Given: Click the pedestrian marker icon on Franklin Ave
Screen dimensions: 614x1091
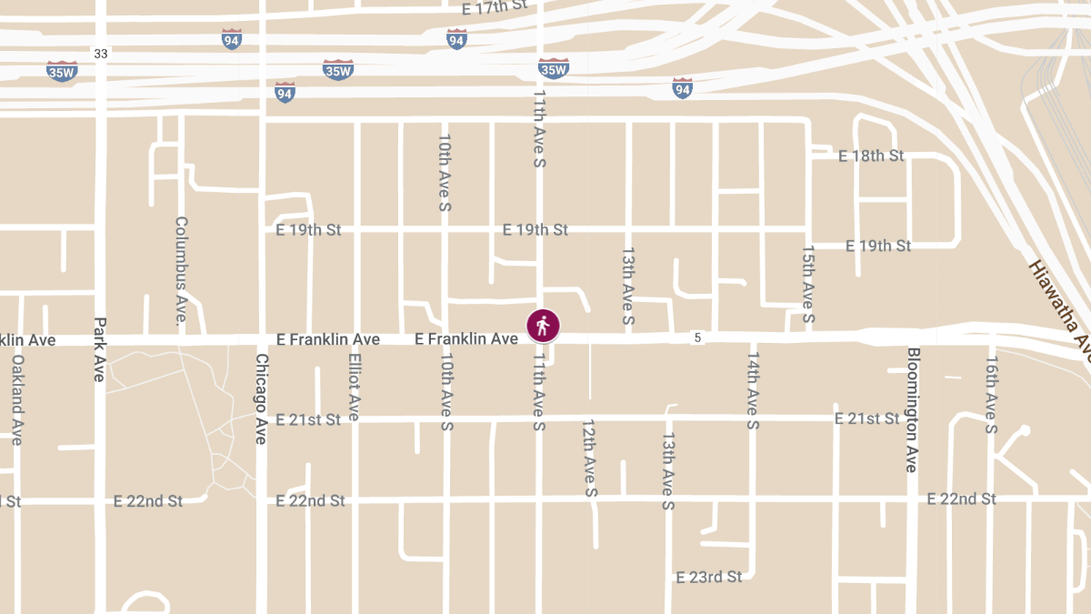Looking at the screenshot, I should [x=543, y=325].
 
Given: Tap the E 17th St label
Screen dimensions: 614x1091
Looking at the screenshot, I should [x=495, y=8].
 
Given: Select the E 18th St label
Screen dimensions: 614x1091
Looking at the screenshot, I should [x=871, y=156].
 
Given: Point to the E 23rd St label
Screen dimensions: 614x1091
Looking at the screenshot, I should [x=709, y=577].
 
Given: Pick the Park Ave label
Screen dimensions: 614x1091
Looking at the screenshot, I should [x=100, y=348].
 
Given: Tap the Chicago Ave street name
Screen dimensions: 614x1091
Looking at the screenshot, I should [x=261, y=398].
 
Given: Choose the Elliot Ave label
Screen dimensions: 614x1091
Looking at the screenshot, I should [x=355, y=387].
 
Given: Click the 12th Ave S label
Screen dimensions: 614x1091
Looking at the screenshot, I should [x=589, y=458].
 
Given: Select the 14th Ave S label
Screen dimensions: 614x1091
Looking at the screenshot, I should [x=753, y=389].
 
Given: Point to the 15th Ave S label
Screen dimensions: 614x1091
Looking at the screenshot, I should [x=808, y=285].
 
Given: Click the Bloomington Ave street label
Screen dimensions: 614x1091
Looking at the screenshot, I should [x=912, y=409].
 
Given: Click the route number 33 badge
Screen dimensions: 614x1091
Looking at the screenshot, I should [x=101, y=55].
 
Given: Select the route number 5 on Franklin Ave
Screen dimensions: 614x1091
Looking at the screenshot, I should [x=697, y=338].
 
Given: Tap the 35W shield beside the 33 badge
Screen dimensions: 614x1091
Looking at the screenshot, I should [x=62, y=71].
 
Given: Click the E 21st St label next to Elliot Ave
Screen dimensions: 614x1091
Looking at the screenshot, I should [x=308, y=419].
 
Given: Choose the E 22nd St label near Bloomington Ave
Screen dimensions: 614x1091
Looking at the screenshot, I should [x=961, y=498].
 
